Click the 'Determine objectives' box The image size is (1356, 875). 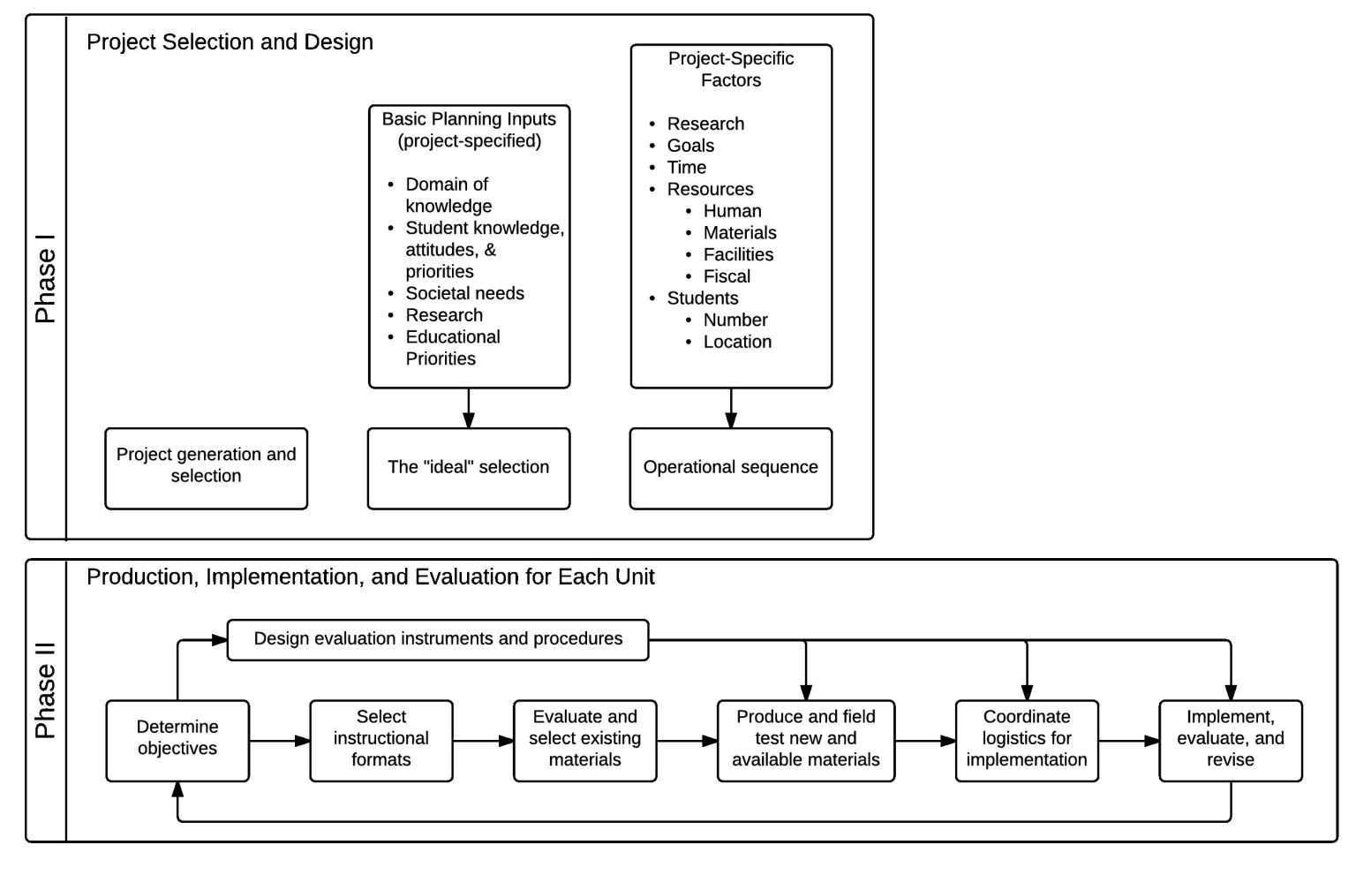coord(177,740)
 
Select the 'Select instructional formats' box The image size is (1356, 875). coord(381,740)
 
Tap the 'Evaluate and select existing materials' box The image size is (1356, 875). coord(584,740)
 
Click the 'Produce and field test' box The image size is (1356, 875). coord(805,740)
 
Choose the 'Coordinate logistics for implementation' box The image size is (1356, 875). coord(1027,740)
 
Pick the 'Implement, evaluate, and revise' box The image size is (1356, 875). coord(1230,740)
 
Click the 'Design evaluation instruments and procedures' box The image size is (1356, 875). coord(438,639)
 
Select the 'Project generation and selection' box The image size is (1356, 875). coord(206,468)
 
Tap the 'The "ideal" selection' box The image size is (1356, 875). coord(468,468)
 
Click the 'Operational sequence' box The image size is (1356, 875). coord(730,468)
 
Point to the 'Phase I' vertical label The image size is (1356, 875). coord(46,278)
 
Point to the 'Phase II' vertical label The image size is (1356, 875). coord(46,690)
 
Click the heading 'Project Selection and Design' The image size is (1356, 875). coord(230,42)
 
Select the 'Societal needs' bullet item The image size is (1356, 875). coord(464,294)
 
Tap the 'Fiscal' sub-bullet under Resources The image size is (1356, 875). coord(727,277)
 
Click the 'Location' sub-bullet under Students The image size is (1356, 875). coord(737,343)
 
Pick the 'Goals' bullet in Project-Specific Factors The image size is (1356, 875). coord(690,147)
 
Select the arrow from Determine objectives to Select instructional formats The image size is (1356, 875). coord(279,741)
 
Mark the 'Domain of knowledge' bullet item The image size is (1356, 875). coord(448,195)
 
